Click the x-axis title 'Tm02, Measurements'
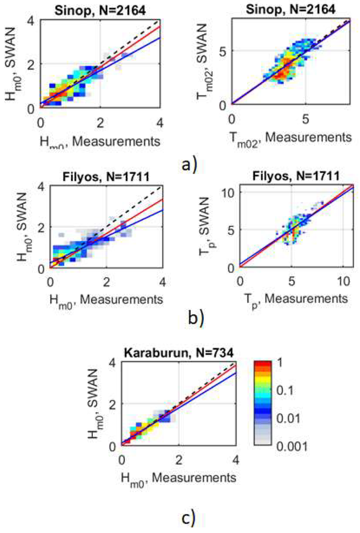(x=291, y=138)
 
